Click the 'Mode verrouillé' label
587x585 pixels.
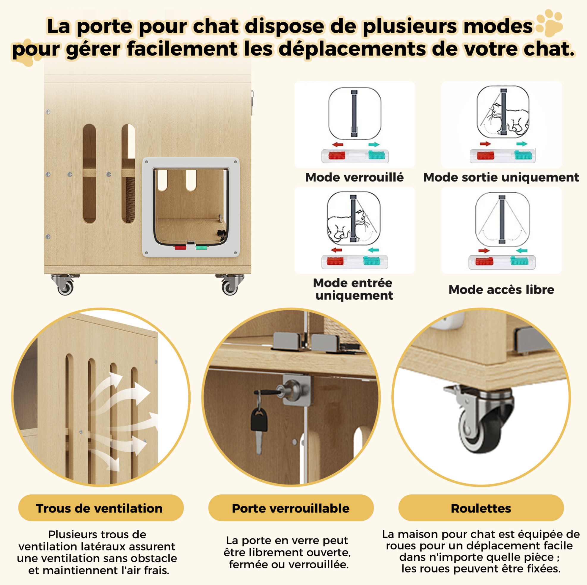click(354, 177)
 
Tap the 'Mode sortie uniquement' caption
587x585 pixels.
click(501, 177)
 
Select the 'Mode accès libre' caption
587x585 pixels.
click(501, 290)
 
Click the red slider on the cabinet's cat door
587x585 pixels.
click(180, 247)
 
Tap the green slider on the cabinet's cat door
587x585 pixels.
click(201, 247)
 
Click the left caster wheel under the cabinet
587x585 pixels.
click(65, 287)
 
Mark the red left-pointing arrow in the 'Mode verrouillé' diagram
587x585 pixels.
click(338, 144)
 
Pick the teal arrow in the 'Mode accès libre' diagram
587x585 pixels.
click(522, 251)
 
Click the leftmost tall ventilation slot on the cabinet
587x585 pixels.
click(89, 174)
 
